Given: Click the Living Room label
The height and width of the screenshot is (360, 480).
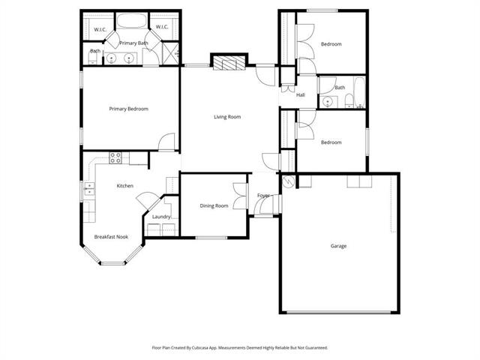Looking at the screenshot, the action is click(227, 117).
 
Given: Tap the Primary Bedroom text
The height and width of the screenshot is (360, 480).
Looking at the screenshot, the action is click(128, 109).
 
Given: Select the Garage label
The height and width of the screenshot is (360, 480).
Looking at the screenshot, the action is click(338, 246).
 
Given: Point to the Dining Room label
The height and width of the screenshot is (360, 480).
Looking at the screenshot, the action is click(214, 206).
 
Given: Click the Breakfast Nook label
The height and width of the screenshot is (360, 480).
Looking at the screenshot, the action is click(111, 237).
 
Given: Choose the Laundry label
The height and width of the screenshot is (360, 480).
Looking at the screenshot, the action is click(161, 217).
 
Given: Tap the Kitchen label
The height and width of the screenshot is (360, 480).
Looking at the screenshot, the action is click(125, 186).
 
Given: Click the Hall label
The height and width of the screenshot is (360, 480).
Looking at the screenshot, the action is click(301, 95).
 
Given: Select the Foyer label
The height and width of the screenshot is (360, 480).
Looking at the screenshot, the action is click(263, 195).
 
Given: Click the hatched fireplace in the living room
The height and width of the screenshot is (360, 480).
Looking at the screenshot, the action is click(229, 63).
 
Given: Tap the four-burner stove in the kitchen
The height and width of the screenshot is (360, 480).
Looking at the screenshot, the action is click(115, 158).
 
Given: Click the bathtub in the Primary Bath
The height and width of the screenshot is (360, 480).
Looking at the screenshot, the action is click(132, 21).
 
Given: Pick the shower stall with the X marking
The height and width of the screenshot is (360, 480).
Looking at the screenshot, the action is click(170, 54).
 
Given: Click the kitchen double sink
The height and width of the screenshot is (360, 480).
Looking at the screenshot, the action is click(89, 189).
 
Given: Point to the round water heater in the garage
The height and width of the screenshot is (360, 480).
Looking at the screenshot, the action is click(288, 181).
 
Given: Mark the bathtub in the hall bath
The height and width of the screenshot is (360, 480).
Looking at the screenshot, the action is click(360, 91).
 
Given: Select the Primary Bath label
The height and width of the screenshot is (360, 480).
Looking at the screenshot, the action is click(133, 43).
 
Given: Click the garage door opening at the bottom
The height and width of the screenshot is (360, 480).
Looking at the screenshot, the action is click(339, 312).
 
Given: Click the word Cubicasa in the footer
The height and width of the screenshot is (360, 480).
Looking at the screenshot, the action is click(200, 348).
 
